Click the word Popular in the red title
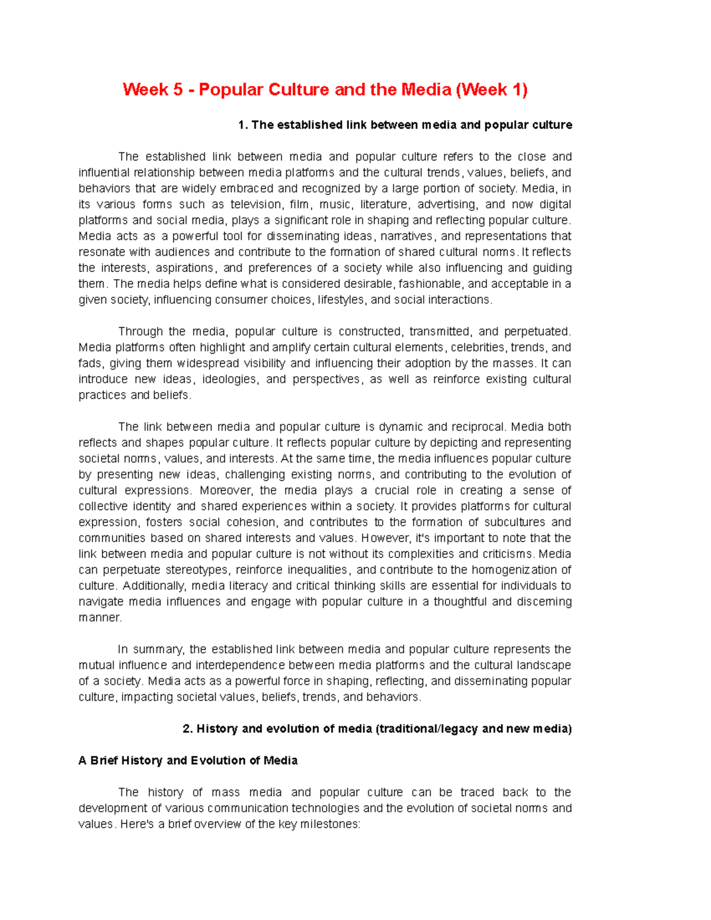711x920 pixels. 230,89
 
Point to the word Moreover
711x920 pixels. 226,491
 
